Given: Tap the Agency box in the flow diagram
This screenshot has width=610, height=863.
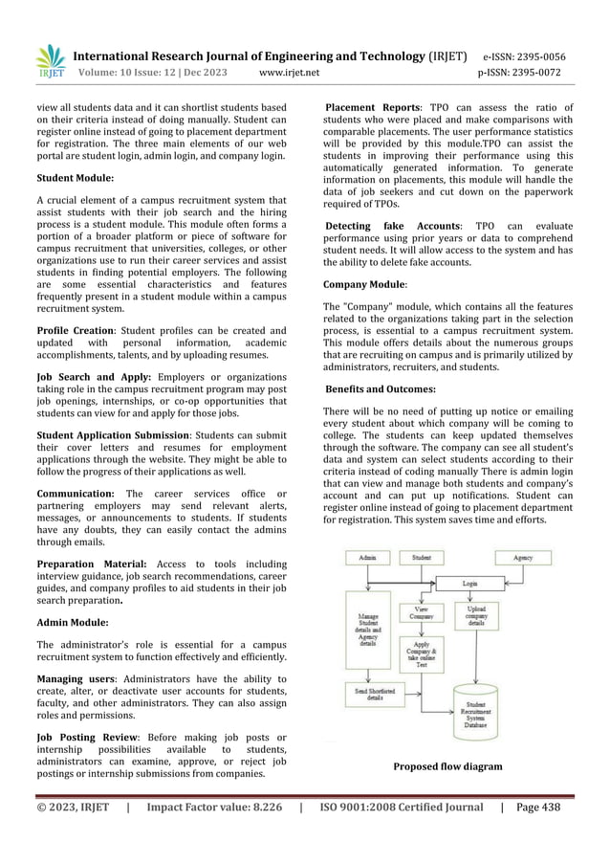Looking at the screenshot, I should tap(523, 557).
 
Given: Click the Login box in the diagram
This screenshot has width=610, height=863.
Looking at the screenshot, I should tap(469, 582).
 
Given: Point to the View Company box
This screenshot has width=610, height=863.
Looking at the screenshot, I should tap(421, 613).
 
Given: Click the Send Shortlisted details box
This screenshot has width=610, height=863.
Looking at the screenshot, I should tap(368, 695).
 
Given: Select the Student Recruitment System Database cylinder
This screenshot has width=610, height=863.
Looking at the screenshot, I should tap(482, 714).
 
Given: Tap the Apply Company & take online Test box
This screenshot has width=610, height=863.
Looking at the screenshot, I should tap(421, 655).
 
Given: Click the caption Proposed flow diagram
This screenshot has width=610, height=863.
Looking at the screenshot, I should tap(448, 766).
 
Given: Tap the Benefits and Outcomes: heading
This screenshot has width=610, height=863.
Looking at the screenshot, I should tap(380, 389).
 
